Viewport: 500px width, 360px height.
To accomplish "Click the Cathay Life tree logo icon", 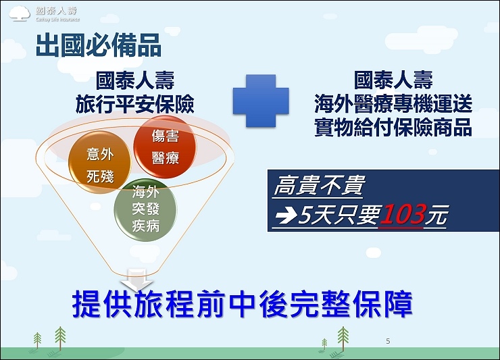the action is click(20, 14).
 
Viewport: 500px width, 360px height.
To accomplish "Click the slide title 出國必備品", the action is click(99, 46).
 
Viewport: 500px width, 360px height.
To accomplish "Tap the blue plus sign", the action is click(261, 101).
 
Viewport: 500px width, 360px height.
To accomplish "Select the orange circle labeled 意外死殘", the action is click(100, 163).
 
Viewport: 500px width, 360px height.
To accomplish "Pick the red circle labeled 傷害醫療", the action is click(165, 147).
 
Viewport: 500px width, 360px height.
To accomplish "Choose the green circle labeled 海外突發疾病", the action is click(145, 209).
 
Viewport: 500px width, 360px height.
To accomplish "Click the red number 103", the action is click(403, 214).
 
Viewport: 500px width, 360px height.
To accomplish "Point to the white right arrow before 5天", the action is click(286, 215).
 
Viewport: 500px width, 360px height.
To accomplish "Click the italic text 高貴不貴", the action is click(318, 185).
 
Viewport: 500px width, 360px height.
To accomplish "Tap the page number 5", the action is click(388, 341).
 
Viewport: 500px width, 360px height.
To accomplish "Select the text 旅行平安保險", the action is click(135, 104).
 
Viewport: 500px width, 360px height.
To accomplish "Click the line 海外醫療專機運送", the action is click(393, 104).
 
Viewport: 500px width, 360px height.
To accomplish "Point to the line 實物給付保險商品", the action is click(393, 128).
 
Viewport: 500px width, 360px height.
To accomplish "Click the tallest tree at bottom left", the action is click(60, 338).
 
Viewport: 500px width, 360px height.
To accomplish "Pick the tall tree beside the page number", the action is click(343, 339).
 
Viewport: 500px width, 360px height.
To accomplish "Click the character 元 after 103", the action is click(437, 215).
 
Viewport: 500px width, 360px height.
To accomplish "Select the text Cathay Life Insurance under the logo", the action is click(57, 20).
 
